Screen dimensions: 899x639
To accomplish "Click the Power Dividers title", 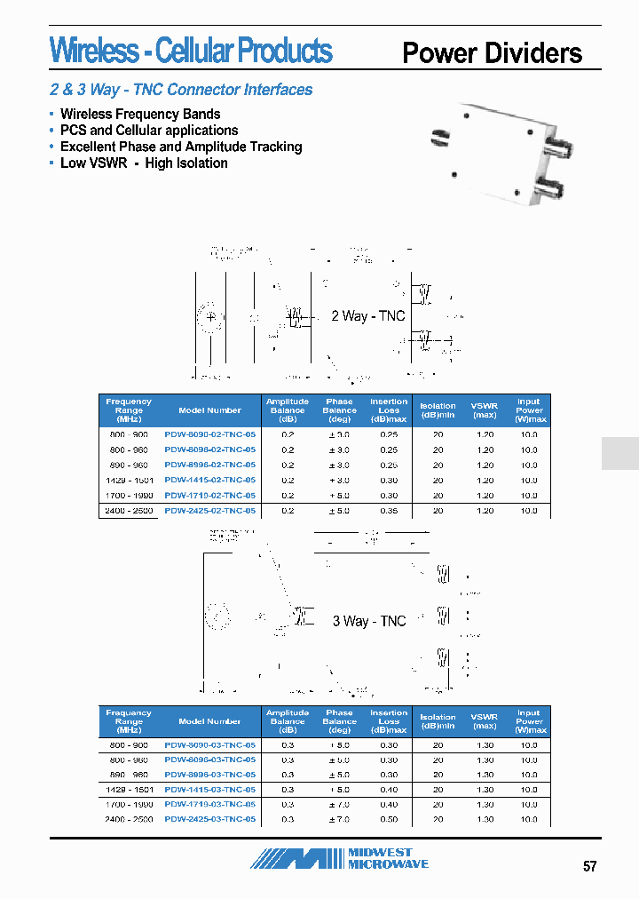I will click(492, 53).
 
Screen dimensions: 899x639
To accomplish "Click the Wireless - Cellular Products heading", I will click(191, 51).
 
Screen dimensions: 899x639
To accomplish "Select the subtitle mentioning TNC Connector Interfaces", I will click(181, 90).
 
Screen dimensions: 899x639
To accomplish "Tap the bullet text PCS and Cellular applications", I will click(149, 131).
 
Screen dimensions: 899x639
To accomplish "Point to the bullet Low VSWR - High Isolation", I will click(144, 163).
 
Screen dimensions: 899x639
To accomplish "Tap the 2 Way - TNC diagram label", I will click(367, 316).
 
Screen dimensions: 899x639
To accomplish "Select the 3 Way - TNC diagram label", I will click(368, 621).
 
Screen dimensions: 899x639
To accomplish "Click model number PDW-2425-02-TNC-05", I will click(210, 511).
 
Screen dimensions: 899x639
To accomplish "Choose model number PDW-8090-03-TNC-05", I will click(210, 745).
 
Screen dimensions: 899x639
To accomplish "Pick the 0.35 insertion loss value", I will click(389, 511).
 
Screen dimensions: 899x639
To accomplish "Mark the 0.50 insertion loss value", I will click(389, 819).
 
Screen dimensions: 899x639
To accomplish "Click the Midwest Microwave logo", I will click(340, 858).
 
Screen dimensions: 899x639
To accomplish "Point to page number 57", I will click(589, 866).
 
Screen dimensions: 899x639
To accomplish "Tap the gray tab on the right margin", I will click(619, 453).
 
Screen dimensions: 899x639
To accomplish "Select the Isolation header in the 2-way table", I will click(438, 410).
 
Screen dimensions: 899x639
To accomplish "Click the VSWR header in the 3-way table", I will click(485, 721).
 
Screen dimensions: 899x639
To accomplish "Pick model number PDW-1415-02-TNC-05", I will click(210, 481).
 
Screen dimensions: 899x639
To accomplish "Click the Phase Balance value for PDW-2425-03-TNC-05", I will click(339, 819).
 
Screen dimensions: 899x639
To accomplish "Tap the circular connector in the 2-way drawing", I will click(210, 316).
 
